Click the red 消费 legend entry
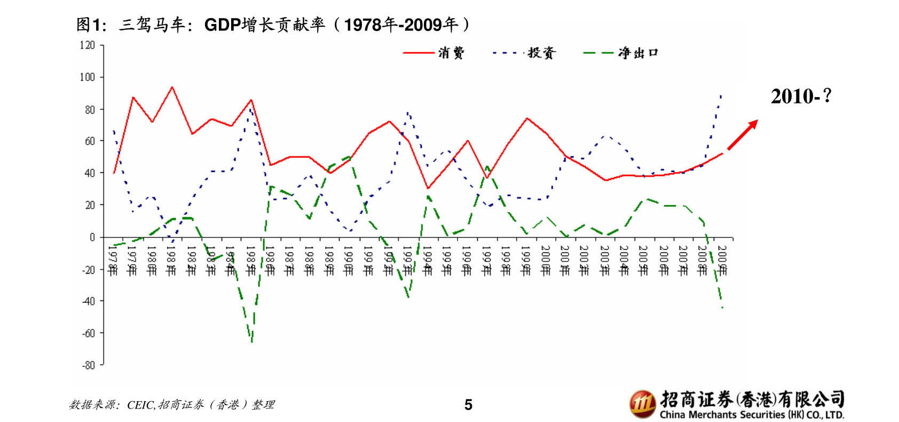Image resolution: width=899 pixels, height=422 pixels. [433, 53]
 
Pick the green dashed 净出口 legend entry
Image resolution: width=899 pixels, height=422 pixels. [621, 53]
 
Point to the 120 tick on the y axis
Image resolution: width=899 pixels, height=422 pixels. [88, 45]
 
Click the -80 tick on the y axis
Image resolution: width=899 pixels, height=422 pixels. [89, 365]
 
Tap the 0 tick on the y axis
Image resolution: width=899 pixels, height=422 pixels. [92, 237]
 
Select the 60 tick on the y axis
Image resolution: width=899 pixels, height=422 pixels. [90, 141]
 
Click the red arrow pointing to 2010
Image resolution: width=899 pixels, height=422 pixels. [743, 134]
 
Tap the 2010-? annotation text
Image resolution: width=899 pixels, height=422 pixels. [801, 97]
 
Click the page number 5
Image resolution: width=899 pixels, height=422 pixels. [468, 405]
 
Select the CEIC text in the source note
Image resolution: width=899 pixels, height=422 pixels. [140, 405]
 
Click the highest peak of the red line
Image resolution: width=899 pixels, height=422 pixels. [172, 87]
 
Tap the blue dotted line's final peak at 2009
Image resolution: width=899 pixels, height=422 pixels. [721, 95]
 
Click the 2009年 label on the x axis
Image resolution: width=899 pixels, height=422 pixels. [722, 260]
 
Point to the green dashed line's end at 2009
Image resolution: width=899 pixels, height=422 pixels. [722, 308]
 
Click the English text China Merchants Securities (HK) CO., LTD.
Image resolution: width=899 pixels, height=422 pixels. [752, 415]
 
